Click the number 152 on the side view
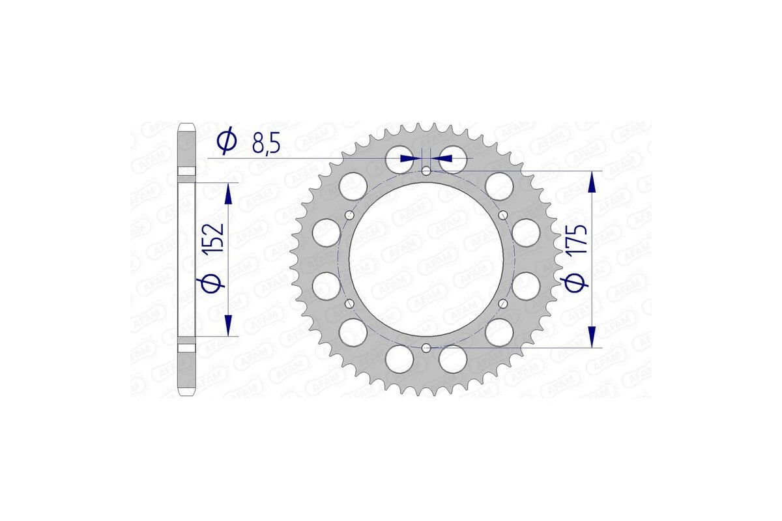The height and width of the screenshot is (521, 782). point(217,238)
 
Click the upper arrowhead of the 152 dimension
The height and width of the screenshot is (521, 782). point(227,193)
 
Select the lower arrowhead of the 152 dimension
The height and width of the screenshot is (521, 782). point(227,325)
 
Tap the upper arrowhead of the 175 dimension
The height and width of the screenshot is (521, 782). point(592,183)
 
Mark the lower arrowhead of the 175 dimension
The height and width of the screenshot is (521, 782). point(592,336)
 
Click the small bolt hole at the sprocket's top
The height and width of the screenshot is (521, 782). point(426,171)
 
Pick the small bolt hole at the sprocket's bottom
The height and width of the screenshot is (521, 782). point(426,348)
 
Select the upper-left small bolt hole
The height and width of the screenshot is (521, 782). point(350,216)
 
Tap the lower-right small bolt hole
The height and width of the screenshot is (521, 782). point(502,303)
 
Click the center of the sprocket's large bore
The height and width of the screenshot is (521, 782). point(426,259)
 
